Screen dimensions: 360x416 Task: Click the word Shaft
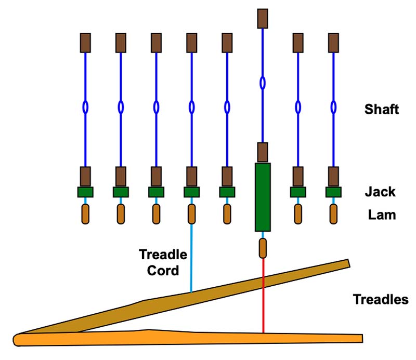click(382, 110)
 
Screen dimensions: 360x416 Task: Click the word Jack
click(380, 192)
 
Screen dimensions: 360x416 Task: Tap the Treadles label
click(381, 300)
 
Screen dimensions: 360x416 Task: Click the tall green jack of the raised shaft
click(263, 197)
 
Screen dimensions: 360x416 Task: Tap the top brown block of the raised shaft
click(263, 18)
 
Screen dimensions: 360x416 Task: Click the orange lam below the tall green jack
click(263, 248)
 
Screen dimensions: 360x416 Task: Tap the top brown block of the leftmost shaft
click(85, 42)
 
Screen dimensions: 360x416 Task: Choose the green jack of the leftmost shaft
click(85, 192)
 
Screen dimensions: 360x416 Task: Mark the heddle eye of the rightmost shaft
click(333, 107)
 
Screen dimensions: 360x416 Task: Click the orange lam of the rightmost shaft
click(333, 214)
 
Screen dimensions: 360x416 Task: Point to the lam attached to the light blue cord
click(191, 214)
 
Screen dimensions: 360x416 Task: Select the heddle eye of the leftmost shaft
click(85, 107)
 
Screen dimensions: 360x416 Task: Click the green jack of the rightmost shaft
click(333, 192)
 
